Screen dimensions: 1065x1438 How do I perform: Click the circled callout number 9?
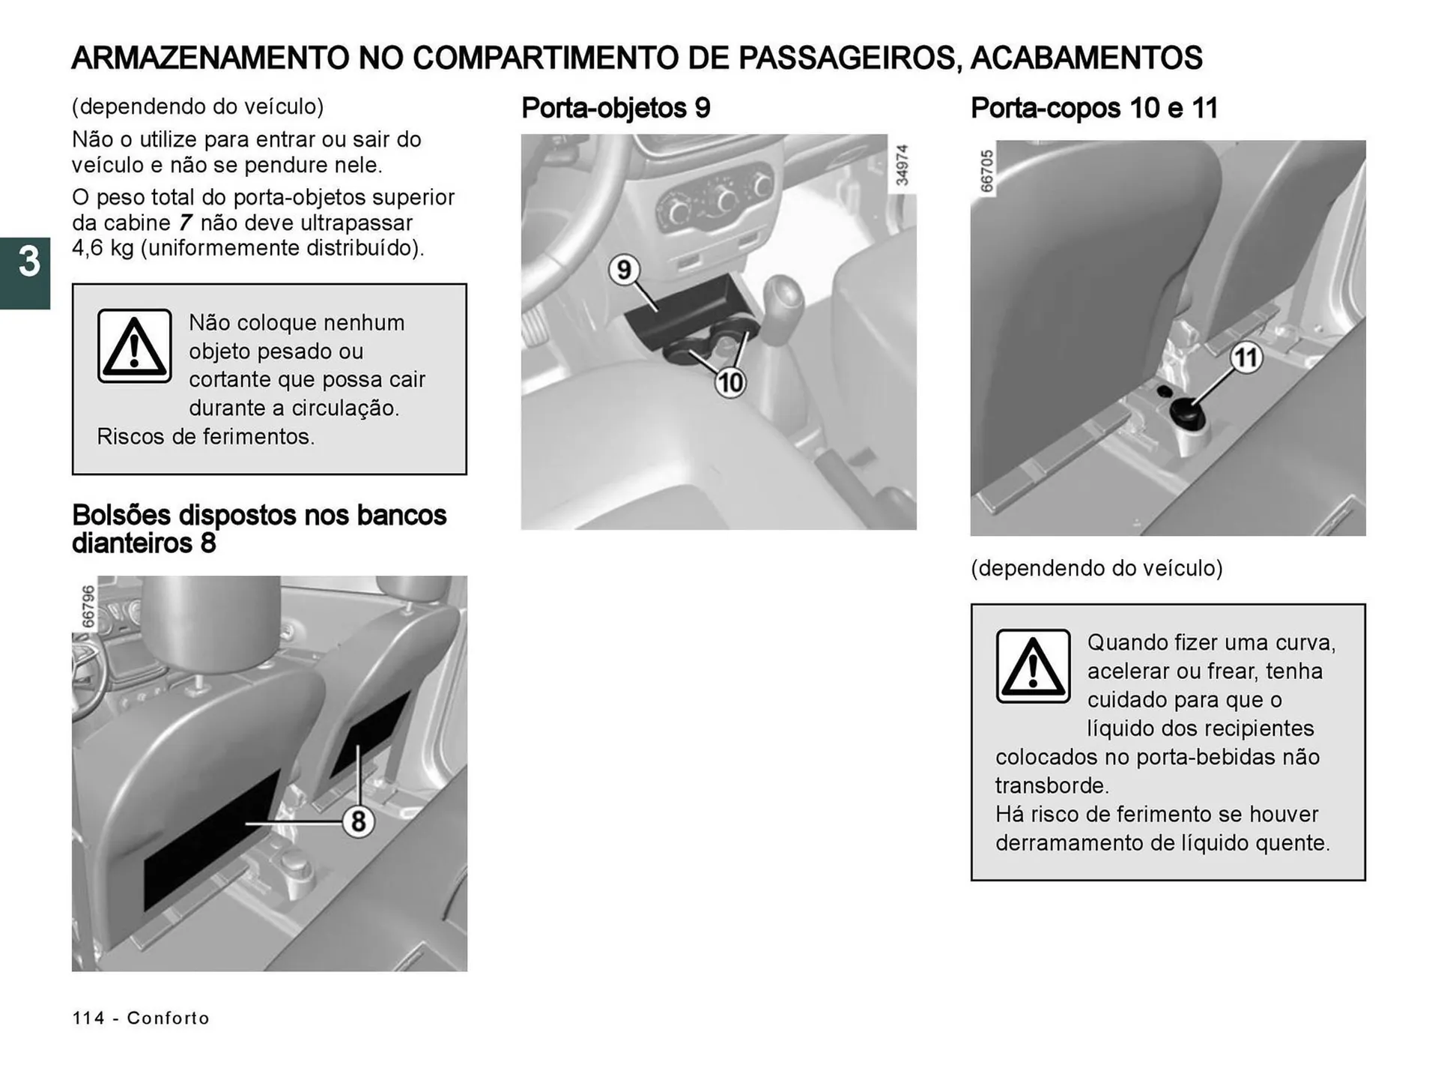623,269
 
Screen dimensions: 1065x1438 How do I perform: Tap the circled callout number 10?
730,383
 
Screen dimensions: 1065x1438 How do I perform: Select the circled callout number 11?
1246,357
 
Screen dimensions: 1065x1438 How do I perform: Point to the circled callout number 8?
358,821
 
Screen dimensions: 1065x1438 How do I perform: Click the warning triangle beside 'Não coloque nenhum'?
135,346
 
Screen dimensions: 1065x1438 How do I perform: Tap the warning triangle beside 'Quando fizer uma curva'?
1033,666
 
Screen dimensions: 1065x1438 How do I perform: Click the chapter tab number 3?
28,263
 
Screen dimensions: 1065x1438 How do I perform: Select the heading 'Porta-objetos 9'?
615,108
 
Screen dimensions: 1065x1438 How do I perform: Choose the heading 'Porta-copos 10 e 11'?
1093,108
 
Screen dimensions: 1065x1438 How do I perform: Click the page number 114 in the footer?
88,1018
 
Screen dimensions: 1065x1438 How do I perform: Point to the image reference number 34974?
902,165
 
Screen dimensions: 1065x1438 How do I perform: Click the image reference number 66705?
986,171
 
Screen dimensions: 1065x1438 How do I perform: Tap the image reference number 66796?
88,606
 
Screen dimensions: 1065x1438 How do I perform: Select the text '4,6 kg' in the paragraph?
103,248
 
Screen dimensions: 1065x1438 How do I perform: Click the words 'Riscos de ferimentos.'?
206,437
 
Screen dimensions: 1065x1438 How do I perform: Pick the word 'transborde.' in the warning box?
1052,785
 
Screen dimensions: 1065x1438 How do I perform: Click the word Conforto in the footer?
168,1018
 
